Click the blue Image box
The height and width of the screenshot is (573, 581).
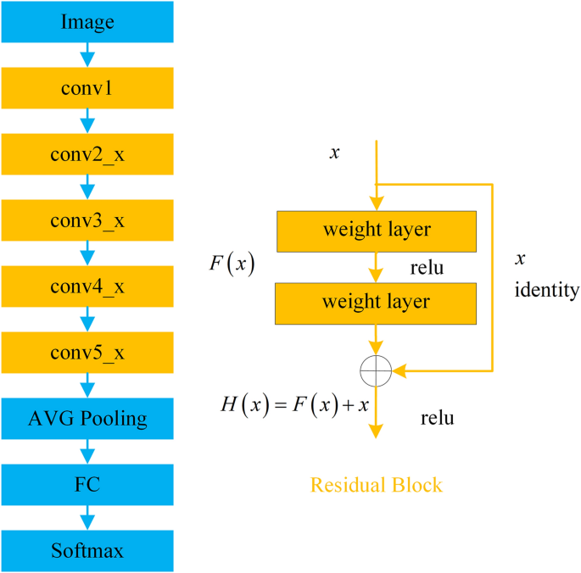pos(87,20)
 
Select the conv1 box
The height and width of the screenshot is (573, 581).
pos(87,86)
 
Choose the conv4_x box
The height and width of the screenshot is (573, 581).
pos(87,285)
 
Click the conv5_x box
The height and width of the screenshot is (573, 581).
pos(87,351)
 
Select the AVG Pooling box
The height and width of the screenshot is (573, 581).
pos(87,418)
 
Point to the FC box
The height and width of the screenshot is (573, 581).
pos(87,484)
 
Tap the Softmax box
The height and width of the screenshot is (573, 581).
pos(87,550)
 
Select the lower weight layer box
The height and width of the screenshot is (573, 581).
pos(377,301)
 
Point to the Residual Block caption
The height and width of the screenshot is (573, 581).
pos(377,485)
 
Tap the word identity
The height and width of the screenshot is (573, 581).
pos(547,291)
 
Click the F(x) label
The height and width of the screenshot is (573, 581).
pos(232,263)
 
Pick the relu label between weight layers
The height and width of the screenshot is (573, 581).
pos(426,270)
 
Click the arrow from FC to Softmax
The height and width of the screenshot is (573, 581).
pos(87,517)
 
